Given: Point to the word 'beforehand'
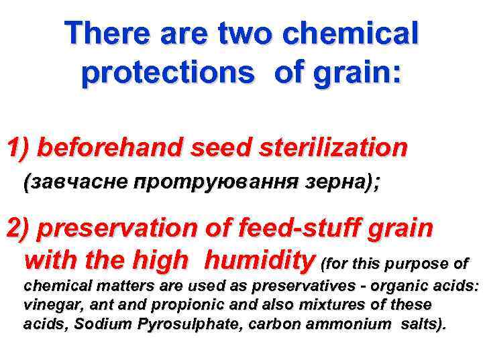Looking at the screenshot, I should click(110, 148).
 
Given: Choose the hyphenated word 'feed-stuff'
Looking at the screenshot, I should click(292, 229).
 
